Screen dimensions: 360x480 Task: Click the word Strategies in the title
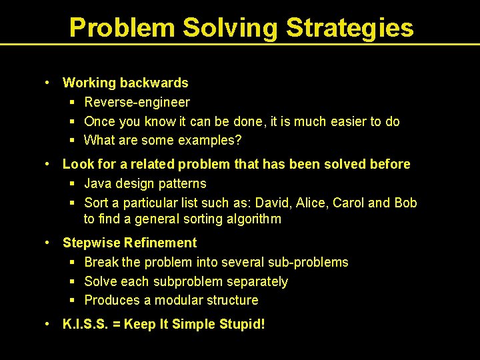tap(350, 28)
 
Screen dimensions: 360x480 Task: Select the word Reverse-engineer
tap(137, 102)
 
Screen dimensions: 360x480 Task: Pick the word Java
tap(98, 183)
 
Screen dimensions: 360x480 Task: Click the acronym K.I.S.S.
tap(84, 325)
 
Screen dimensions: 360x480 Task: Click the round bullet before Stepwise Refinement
tap(48, 242)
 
